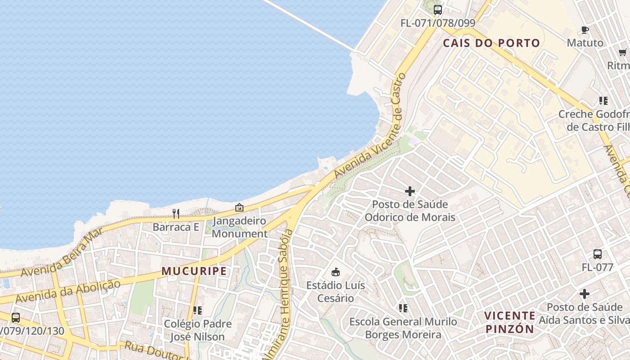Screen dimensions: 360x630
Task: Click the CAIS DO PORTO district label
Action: [x=491, y=43]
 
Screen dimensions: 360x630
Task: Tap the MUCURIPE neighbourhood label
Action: [x=194, y=271]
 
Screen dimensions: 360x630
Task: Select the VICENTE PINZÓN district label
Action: [x=510, y=322]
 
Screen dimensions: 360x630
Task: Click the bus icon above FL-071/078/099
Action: [x=437, y=9]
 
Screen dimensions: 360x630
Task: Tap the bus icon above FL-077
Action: [x=597, y=254]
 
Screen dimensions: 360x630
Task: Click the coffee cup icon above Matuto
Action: [x=585, y=30]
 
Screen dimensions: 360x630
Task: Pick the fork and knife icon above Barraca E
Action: [x=175, y=214]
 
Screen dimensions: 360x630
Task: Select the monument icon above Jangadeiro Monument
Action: [x=239, y=208]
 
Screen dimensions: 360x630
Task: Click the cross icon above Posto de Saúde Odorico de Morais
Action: [x=409, y=191]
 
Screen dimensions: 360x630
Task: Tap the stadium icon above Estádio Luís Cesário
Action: [x=335, y=272]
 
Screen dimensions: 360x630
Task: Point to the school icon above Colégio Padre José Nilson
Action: [x=197, y=310]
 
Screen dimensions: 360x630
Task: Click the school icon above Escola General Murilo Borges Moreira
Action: [x=403, y=308]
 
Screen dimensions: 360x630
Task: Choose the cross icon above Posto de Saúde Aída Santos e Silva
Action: [x=584, y=294]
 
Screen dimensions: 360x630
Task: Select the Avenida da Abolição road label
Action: [x=68, y=291]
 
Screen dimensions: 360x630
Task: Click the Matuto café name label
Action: [x=585, y=43]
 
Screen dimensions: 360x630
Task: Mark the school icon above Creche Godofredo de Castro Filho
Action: [x=603, y=101]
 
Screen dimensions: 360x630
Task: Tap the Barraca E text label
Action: [x=175, y=227]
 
